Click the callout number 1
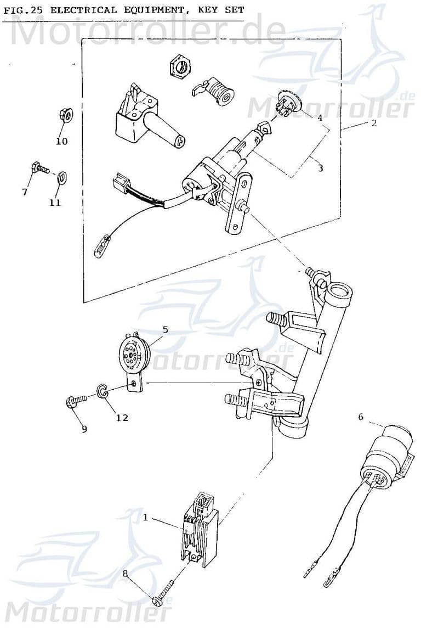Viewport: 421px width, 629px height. pyautogui.click(x=146, y=516)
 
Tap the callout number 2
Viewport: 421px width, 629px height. pyautogui.click(x=373, y=123)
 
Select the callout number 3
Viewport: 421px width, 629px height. pyautogui.click(x=320, y=168)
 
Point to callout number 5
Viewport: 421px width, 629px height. pyautogui.click(x=165, y=330)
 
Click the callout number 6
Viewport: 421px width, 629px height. pyautogui.click(x=361, y=417)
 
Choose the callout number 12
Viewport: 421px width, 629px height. pyautogui.click(x=122, y=418)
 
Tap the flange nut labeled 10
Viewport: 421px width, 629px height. pyautogui.click(x=63, y=116)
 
